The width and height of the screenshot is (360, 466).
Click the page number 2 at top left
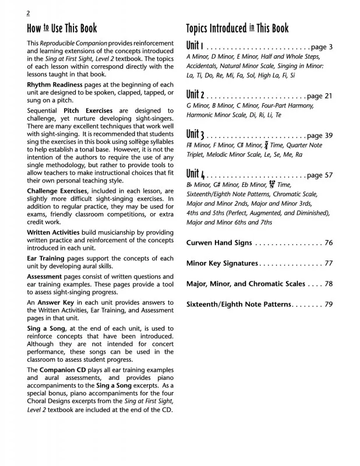point(29,13)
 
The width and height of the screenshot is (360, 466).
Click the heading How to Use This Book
point(62,29)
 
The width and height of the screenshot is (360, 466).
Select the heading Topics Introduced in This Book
point(237,29)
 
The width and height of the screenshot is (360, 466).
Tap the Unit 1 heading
point(194,46)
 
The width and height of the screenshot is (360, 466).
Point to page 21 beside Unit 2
point(319,96)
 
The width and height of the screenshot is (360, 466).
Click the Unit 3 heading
point(195,135)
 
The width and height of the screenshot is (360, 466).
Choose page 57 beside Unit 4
point(319,175)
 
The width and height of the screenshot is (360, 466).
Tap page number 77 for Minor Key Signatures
point(328,263)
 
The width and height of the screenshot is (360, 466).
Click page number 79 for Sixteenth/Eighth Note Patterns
point(328,304)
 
